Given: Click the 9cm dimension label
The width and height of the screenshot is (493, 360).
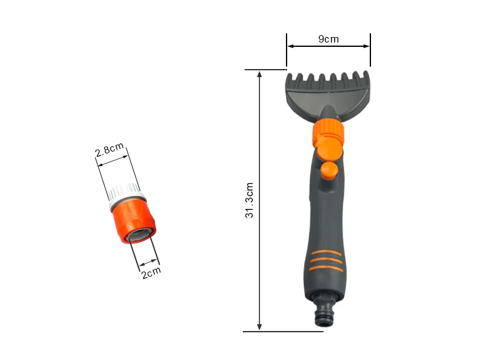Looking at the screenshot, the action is point(328,39).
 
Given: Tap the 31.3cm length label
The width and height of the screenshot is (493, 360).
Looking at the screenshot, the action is point(250,200).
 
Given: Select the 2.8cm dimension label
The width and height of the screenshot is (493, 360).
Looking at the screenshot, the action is point(110,149).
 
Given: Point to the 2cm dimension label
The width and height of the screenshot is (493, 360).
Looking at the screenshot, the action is point(151,272).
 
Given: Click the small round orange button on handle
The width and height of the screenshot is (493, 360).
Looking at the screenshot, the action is point(329,170).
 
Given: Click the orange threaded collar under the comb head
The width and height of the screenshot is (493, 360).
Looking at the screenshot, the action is point(328,128).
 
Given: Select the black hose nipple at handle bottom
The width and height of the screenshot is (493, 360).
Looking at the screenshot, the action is point(324,310).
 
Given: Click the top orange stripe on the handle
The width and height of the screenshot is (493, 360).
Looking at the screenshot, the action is point(326,253).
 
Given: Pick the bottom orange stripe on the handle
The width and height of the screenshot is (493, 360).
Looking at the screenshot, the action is point(326,268).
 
